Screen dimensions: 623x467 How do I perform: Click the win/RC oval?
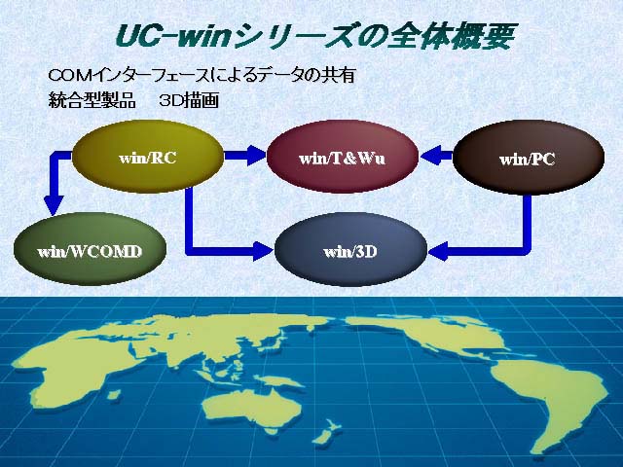(x=148, y=158)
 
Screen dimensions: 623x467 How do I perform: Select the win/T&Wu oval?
(x=343, y=158)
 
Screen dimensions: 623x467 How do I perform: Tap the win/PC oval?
(x=528, y=158)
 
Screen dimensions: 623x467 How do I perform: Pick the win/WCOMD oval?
(x=90, y=251)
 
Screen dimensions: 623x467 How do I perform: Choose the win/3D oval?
(x=350, y=251)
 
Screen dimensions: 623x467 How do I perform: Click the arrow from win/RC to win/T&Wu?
(x=244, y=155)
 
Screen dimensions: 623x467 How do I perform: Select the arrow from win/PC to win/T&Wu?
(x=436, y=155)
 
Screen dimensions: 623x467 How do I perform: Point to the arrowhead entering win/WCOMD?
(x=54, y=205)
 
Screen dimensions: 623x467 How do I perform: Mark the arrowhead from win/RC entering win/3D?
(x=264, y=250)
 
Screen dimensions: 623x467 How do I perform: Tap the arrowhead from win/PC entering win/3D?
(x=438, y=251)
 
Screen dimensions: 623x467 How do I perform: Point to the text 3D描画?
(x=189, y=101)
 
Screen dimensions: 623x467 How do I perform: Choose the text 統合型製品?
(x=92, y=100)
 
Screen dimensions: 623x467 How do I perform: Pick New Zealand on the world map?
(x=326, y=434)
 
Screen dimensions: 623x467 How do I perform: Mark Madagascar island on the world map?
(x=114, y=394)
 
